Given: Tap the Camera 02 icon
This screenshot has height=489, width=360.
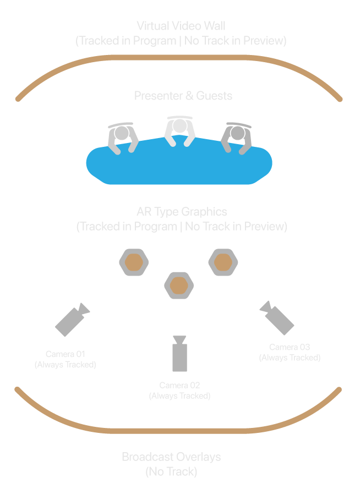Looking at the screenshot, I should tap(180, 355).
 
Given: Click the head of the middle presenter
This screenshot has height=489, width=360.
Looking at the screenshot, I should tap(180, 127).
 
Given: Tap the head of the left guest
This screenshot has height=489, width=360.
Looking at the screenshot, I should tap(122, 133).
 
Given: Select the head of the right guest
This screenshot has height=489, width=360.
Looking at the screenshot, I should tap(237, 133).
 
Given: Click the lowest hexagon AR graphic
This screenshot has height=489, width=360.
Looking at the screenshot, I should tap(178, 285).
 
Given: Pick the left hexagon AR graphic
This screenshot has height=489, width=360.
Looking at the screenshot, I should tap(134, 262).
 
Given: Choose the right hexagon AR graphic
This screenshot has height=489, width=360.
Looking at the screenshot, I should tap(222, 262).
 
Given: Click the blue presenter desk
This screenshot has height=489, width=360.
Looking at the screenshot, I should tap(179, 165).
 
